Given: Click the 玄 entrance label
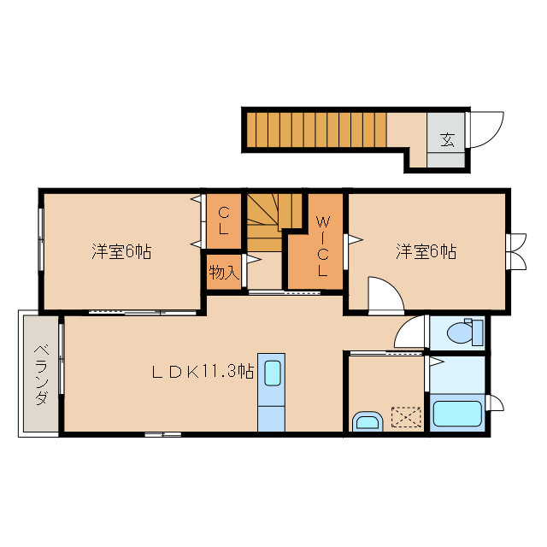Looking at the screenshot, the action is [x=447, y=139].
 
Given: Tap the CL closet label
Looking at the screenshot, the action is [x=224, y=221].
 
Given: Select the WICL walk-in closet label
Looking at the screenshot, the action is [x=323, y=246].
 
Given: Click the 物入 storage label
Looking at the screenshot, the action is [x=224, y=272].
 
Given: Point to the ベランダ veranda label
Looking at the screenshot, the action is [x=42, y=374].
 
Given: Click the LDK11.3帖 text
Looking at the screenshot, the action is [x=203, y=372].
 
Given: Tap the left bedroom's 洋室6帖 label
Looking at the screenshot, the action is [x=121, y=251].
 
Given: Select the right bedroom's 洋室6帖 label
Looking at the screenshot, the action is [x=426, y=251].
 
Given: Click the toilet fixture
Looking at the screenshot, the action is [x=465, y=332].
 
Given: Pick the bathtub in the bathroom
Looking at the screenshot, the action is [x=457, y=414].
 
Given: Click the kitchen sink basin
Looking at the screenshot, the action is [x=272, y=373].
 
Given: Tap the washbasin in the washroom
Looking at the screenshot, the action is [x=368, y=421].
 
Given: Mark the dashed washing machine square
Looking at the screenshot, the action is [x=406, y=416].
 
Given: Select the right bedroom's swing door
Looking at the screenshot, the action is [x=386, y=295].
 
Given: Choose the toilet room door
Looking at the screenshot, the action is [x=410, y=332].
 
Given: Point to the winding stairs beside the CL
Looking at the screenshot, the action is [x=274, y=222].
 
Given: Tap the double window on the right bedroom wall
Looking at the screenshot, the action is [x=516, y=251].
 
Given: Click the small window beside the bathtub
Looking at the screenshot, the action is [x=496, y=403].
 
